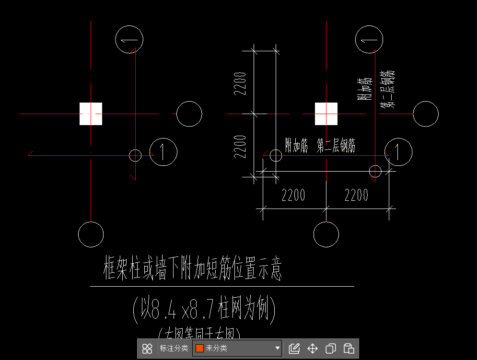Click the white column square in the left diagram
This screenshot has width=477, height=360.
91,114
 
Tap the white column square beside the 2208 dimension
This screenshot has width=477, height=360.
326,114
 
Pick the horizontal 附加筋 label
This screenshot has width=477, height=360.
296,146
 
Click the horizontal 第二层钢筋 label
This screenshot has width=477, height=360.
336,146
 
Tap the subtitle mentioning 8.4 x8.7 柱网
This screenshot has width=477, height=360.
204,310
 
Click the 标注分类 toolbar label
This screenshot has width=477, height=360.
173,348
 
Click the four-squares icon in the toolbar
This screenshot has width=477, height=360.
147,348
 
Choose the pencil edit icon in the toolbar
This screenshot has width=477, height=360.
294,348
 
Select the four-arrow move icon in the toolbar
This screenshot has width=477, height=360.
313,348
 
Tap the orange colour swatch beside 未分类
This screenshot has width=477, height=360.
199,348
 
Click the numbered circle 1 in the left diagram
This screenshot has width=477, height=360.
163,152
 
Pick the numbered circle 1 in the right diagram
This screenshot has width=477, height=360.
398,152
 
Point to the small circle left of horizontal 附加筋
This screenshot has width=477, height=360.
276,155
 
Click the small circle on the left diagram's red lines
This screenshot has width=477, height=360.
136,155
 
